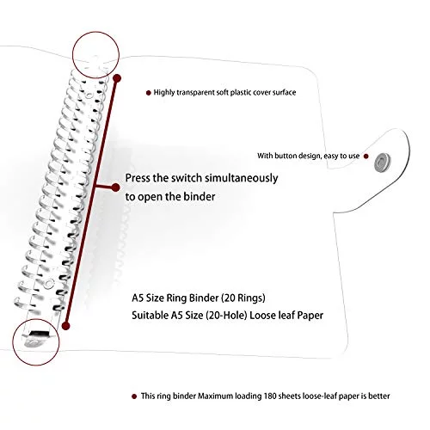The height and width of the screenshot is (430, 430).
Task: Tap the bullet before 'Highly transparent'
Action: [x=149, y=93]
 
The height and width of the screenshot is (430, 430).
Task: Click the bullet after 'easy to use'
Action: [x=365, y=157]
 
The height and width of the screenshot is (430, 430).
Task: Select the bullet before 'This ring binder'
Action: [x=134, y=396]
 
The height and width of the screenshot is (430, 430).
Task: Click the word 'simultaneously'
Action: [x=242, y=178]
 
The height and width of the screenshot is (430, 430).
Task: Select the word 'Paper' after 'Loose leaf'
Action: [x=310, y=315]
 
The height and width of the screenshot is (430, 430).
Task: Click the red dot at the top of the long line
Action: [x=117, y=78]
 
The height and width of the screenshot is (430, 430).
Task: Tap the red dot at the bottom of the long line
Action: [x=66, y=326]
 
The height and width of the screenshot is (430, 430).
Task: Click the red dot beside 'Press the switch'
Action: [x=115, y=187]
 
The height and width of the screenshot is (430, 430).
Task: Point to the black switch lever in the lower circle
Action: [x=40, y=334]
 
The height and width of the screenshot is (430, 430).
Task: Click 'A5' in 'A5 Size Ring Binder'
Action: [x=138, y=298]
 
